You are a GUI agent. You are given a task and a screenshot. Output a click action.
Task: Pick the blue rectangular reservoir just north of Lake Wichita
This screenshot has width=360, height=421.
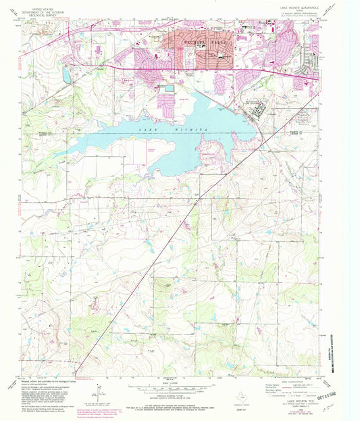point(168,87)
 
